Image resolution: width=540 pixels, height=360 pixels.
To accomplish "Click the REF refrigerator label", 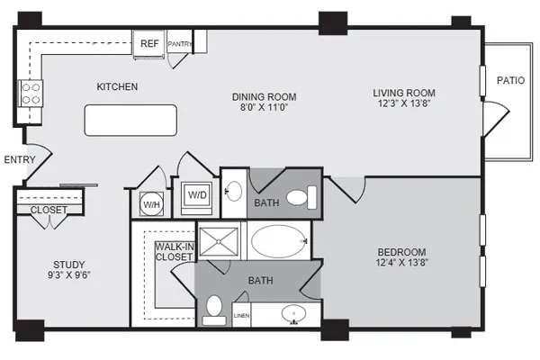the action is pyautogui.click(x=149, y=43).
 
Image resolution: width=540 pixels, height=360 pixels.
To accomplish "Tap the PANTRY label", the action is pyautogui.click(x=180, y=44).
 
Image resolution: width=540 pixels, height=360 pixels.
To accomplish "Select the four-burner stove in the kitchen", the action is pyautogui.click(x=31, y=94).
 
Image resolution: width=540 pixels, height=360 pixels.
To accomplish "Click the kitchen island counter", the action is pyautogui.click(x=130, y=121).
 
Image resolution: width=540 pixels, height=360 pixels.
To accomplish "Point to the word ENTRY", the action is pyautogui.click(x=20, y=159).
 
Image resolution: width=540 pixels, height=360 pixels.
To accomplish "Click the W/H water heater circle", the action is pyautogui.click(x=151, y=204).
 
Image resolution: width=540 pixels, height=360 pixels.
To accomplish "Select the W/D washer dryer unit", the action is pyautogui.click(x=197, y=195).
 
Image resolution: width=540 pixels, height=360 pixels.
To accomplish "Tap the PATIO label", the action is pyautogui.click(x=510, y=80).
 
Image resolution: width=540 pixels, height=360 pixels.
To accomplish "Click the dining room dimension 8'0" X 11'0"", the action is pyautogui.click(x=264, y=107).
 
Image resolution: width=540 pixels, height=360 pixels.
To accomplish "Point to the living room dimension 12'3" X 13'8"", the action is pyautogui.click(x=404, y=103).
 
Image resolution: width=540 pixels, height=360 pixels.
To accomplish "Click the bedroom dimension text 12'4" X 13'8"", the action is pyautogui.click(x=402, y=263).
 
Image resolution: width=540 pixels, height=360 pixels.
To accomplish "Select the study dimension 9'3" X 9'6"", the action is pyautogui.click(x=69, y=274).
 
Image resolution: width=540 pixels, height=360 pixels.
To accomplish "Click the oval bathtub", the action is pyautogui.click(x=279, y=241).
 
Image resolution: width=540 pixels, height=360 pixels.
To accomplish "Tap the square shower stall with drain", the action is pyautogui.click(x=219, y=241).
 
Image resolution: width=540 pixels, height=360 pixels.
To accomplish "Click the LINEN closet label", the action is pyautogui.click(x=242, y=316).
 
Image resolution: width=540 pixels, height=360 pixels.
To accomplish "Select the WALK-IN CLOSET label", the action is pyautogui.click(x=175, y=252).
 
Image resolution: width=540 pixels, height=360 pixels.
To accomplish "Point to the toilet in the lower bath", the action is pyautogui.click(x=214, y=310).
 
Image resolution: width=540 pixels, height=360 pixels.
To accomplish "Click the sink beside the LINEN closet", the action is pyautogui.click(x=293, y=314).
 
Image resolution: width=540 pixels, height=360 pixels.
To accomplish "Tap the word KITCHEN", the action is pyautogui.click(x=117, y=86).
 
